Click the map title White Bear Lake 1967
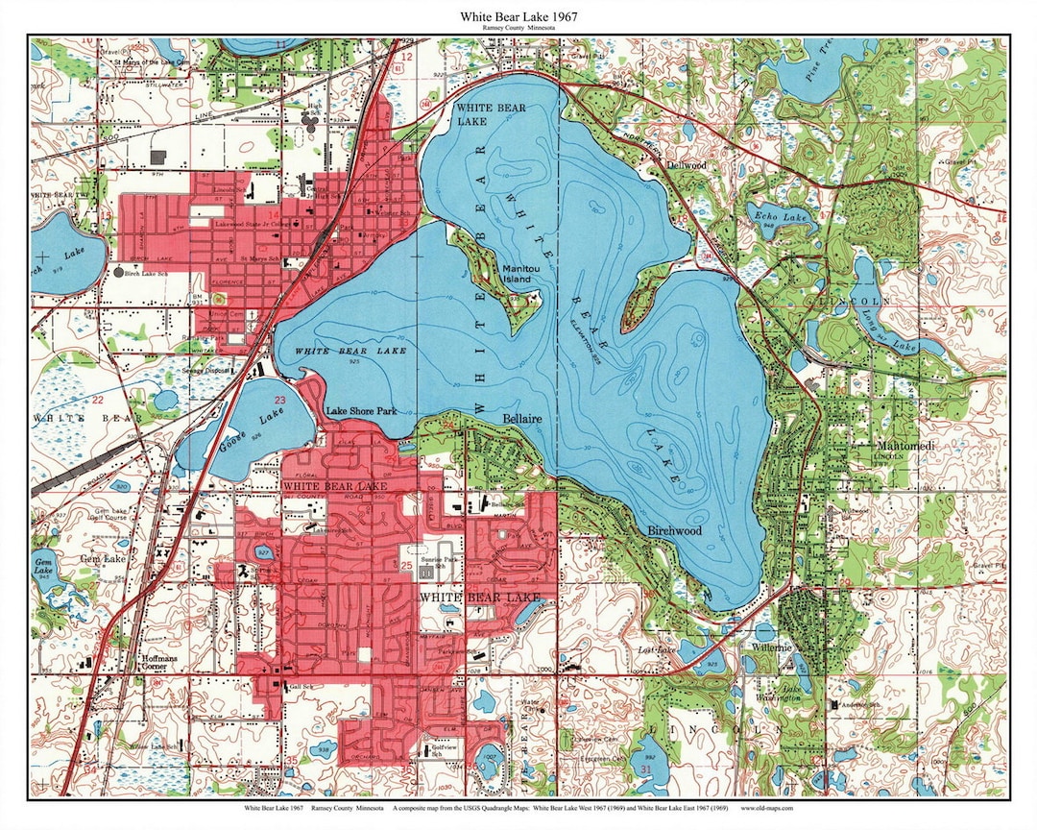tap(518, 16)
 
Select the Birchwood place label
tap(675, 530)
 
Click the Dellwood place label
tap(687, 165)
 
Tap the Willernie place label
tap(772, 647)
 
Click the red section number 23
tap(280, 400)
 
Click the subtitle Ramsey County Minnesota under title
tap(518, 30)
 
